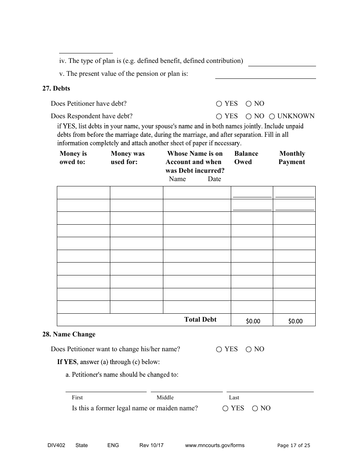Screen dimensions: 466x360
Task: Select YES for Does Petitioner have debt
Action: (x=219, y=104)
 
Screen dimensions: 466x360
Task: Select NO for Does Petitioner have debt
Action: (x=249, y=104)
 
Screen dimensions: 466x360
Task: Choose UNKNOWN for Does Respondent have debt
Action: (x=272, y=116)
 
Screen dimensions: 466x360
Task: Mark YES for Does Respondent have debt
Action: (x=219, y=116)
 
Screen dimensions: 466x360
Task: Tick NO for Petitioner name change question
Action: (x=249, y=349)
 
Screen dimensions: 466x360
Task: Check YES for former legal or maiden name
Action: (x=225, y=408)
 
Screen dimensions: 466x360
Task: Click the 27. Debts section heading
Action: (x=56, y=88)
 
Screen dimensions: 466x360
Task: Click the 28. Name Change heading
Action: (x=69, y=334)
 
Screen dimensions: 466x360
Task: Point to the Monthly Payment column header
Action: (x=292, y=158)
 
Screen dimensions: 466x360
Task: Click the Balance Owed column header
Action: (x=246, y=158)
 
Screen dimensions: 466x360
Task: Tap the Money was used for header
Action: (x=127, y=158)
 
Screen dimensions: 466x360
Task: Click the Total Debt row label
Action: (x=200, y=319)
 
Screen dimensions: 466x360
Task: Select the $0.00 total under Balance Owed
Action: (x=253, y=321)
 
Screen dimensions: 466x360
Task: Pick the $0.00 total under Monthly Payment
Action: (x=295, y=321)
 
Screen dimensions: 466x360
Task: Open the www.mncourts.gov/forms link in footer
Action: (x=214, y=445)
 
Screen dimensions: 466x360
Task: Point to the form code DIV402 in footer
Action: (x=53, y=445)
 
